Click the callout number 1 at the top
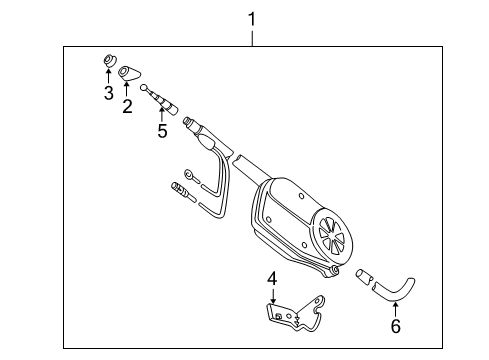point(253,18)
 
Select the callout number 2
point(127,105)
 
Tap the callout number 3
point(108,95)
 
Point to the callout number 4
point(272,278)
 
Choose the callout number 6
point(395,326)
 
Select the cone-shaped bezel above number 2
point(130,73)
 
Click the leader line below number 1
point(253,36)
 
